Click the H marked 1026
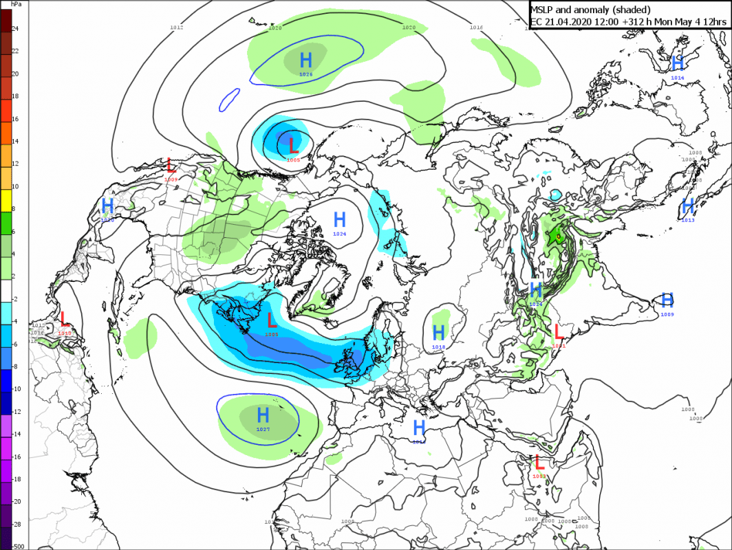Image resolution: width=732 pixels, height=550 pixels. coord(306,58)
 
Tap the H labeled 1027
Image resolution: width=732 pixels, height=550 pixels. coord(263,415)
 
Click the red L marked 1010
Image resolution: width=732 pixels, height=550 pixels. coord(65,319)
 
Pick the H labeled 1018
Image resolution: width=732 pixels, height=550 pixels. coord(439,333)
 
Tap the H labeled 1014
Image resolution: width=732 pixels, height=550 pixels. coord(678,64)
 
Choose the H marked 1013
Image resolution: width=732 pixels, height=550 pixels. coord(687,206)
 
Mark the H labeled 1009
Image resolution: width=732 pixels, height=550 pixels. coord(667,300)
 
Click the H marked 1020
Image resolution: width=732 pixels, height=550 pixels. coord(107,206)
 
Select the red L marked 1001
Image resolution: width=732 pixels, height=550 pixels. coord(559,331)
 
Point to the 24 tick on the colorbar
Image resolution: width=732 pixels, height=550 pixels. coord(15,28)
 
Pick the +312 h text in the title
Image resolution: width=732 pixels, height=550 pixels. coord(634,22)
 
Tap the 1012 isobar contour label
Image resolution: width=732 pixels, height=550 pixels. coord(177,27)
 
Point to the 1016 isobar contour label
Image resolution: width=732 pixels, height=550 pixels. coord(476,27)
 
